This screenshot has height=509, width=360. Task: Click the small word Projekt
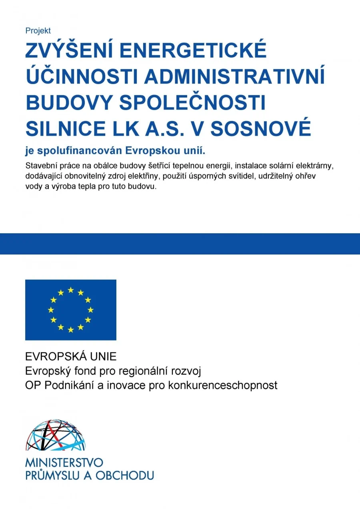38,31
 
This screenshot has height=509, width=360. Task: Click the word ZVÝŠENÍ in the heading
68,51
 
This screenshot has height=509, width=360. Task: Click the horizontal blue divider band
180,244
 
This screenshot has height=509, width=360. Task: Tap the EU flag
71,310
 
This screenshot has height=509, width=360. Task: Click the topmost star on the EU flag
71,290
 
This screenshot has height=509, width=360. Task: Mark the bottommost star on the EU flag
71,330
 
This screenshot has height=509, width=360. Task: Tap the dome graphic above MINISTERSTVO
55,435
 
